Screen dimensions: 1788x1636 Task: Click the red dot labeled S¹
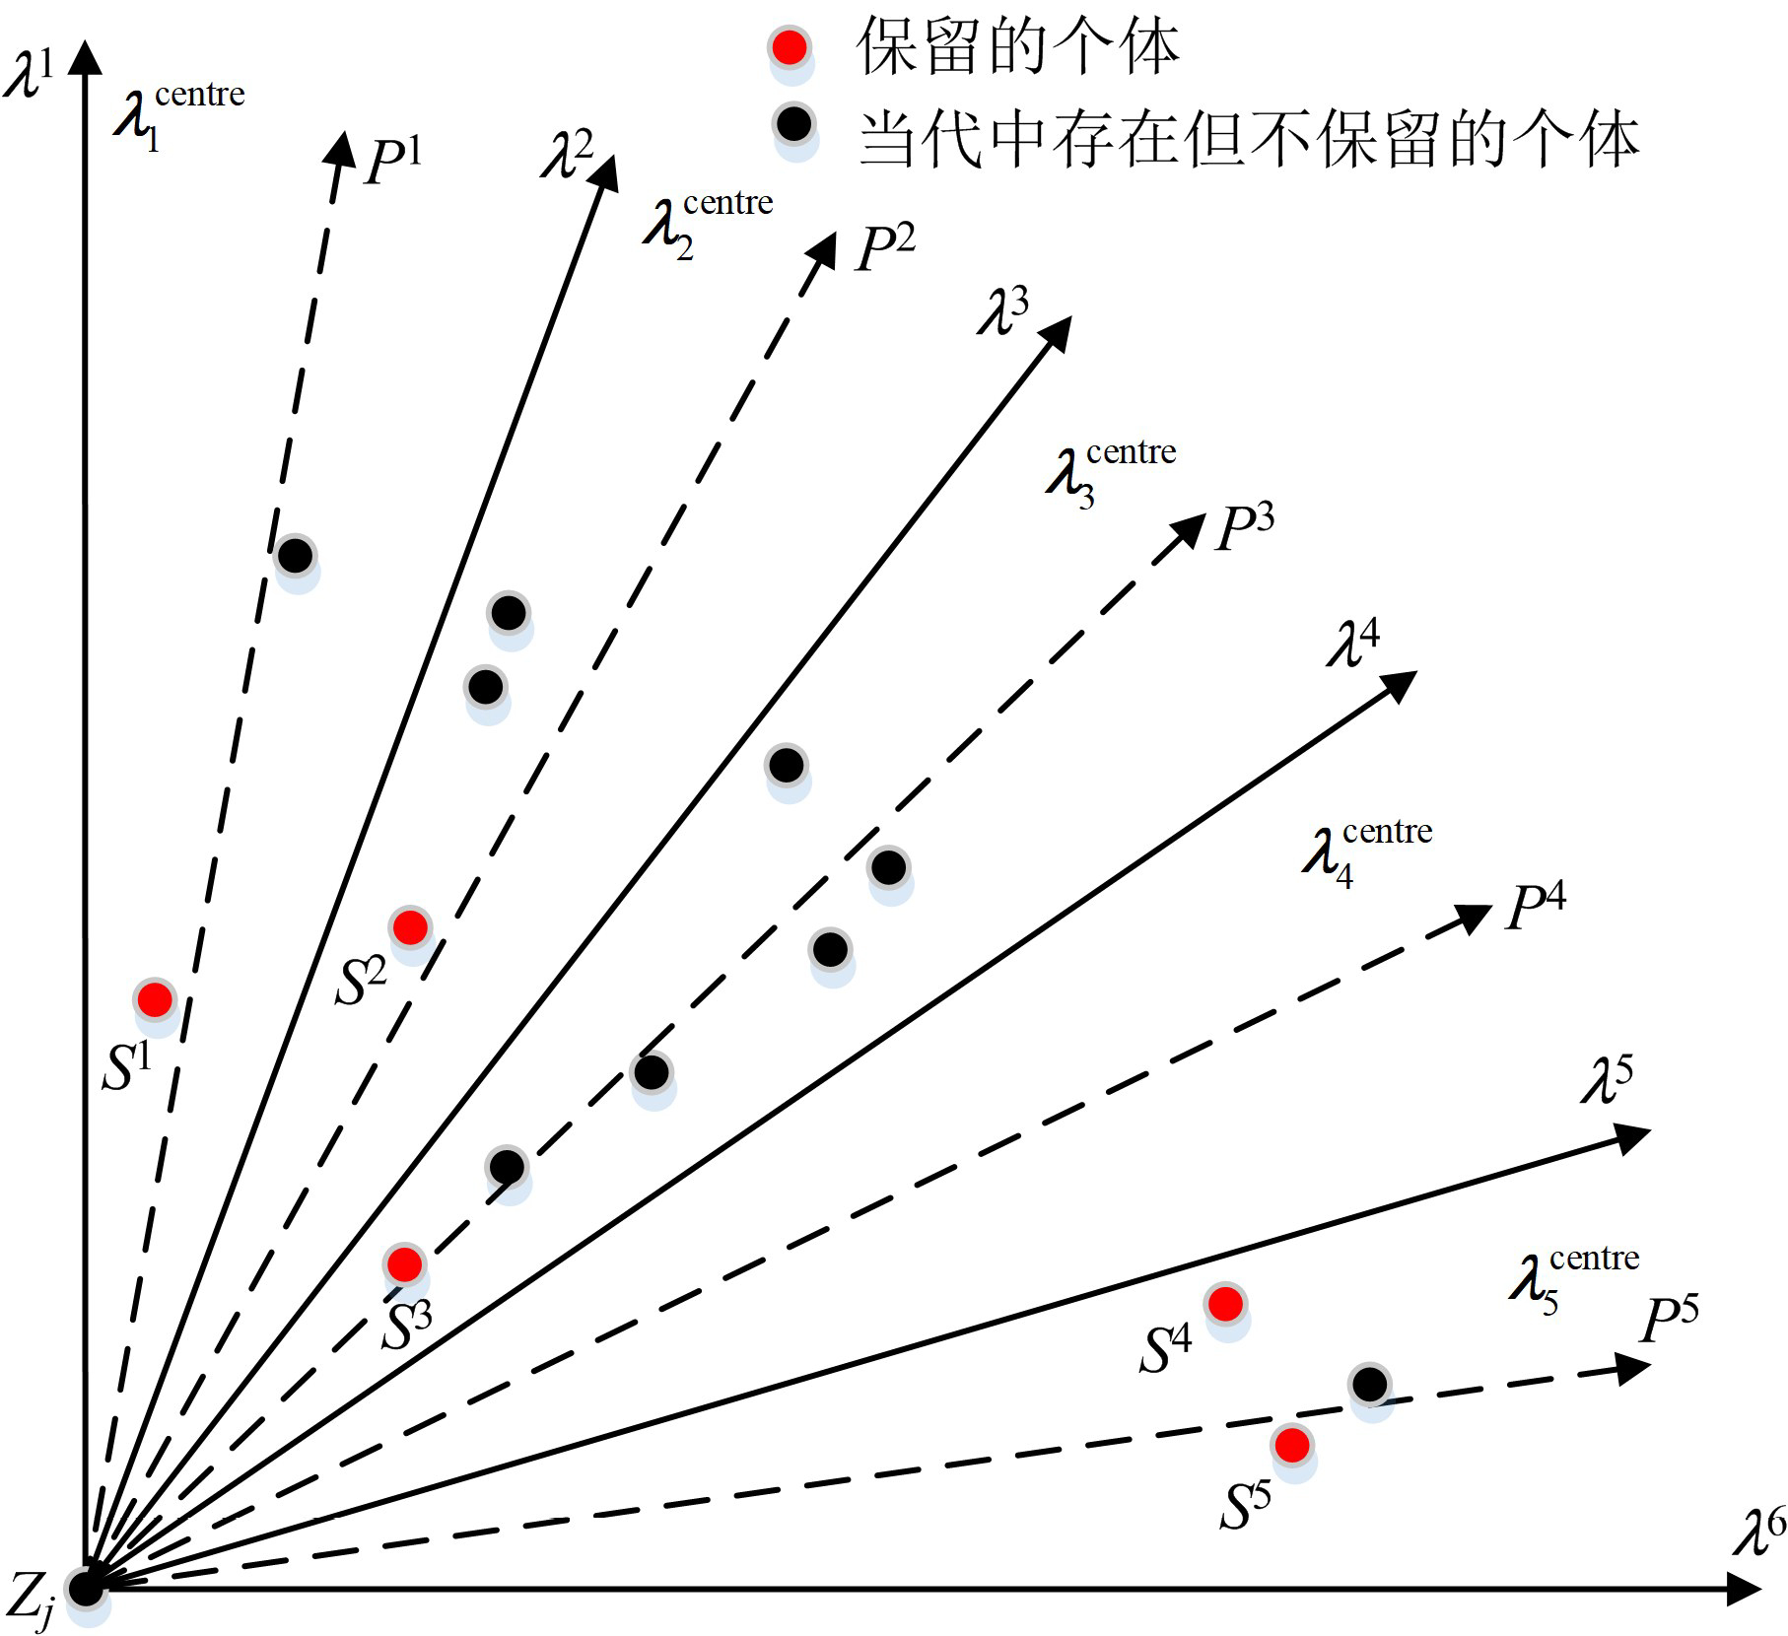coord(155,999)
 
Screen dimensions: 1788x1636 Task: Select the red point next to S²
coord(410,926)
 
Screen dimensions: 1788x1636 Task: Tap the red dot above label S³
coord(404,1263)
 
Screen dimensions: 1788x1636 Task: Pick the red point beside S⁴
coord(1225,1304)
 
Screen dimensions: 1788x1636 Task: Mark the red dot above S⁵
coord(1292,1445)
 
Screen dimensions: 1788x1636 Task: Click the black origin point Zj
coord(86,1589)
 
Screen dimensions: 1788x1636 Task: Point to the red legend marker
coord(790,46)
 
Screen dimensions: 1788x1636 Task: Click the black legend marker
coord(794,124)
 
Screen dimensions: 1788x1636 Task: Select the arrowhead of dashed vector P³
coord(1188,529)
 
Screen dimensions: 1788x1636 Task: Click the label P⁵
coord(1670,1320)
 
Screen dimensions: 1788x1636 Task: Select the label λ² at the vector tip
coord(568,155)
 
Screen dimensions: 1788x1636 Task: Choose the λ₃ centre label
coord(1111,473)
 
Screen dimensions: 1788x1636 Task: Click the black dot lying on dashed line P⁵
coord(1369,1384)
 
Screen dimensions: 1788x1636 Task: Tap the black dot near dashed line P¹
coord(295,555)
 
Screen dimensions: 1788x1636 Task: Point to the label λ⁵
coord(1607,1080)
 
